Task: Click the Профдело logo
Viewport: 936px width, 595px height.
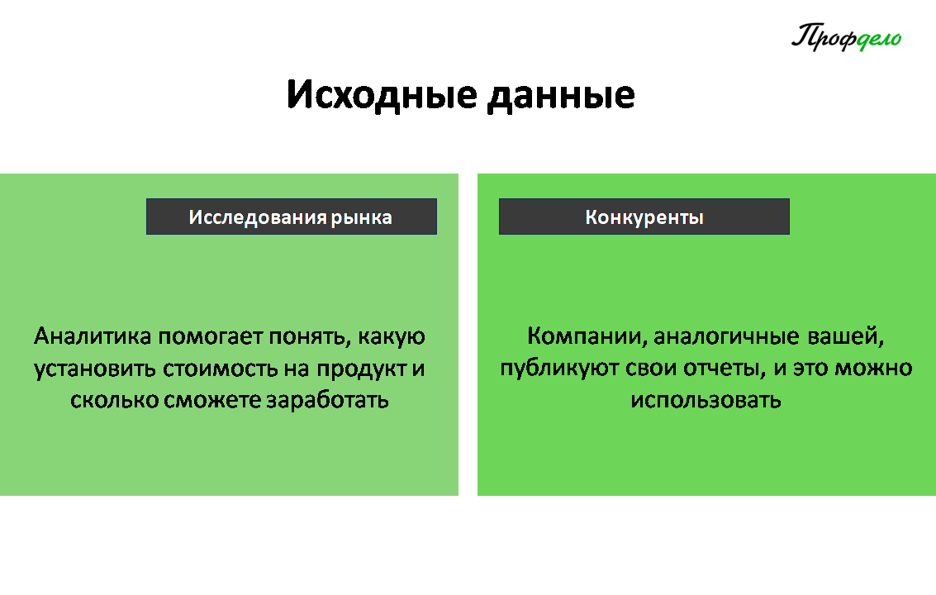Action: coord(847,37)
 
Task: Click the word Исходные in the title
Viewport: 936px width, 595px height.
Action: coord(382,95)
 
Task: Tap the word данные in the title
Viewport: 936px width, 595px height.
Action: coord(561,97)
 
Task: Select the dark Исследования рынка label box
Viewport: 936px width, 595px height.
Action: coord(292,217)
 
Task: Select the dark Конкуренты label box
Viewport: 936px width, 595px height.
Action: coord(644,217)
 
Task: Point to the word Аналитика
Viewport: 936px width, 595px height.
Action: coord(93,336)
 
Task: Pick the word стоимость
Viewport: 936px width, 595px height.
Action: coord(221,368)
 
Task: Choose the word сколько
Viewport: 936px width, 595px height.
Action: coord(113,400)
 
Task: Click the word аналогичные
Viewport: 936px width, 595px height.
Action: coord(727,336)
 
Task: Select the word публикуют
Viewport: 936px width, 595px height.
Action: coord(559,369)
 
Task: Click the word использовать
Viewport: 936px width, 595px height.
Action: coord(706,400)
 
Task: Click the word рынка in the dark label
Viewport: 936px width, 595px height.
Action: coord(361,217)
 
